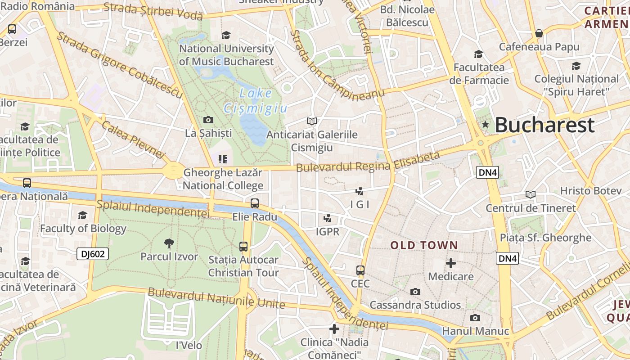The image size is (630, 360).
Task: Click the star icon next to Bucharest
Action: point(485,124)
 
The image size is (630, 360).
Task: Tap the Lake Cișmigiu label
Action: point(256,101)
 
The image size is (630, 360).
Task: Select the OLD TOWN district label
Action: point(424,245)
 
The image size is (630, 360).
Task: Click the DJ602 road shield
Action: point(93,254)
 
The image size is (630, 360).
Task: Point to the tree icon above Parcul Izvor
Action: point(169,243)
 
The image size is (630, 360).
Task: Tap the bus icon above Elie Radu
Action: point(255,203)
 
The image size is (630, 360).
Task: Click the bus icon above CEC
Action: point(360,270)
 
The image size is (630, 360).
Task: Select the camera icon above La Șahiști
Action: point(208,120)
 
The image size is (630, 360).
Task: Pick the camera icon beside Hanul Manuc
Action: point(475,318)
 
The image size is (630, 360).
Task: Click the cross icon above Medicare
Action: point(450,263)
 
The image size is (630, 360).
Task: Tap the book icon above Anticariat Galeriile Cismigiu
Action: point(312,121)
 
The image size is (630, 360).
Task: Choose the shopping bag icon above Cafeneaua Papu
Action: point(539,33)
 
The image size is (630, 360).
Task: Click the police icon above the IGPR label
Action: point(328,219)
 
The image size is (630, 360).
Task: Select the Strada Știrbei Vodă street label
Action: point(153,11)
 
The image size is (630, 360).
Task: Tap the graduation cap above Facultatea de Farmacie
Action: point(478,54)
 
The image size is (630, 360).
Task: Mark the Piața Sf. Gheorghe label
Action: point(545,238)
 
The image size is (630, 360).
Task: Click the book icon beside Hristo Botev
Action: point(531,194)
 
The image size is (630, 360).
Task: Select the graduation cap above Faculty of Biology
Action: point(82,216)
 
